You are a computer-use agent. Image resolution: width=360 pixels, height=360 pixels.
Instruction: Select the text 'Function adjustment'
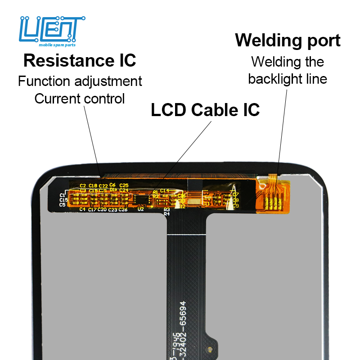click(x=80, y=81)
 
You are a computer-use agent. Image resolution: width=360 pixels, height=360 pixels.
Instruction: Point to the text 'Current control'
click(x=80, y=99)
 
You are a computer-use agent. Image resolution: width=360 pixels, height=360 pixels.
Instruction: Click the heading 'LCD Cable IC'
click(x=205, y=110)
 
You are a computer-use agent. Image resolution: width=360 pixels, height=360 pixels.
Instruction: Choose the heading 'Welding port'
click(x=288, y=40)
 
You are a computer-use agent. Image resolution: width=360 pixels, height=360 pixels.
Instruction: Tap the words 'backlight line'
click(x=288, y=79)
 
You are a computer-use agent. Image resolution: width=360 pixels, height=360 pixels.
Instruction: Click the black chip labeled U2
click(x=142, y=200)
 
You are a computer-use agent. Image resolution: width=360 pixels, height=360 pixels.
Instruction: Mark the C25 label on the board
click(x=124, y=185)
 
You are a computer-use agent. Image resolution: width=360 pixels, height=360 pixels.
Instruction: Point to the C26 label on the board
click(x=123, y=210)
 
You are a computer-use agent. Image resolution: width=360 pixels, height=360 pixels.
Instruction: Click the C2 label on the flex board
click(x=83, y=185)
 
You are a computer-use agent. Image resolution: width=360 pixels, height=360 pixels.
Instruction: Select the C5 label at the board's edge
click(x=63, y=205)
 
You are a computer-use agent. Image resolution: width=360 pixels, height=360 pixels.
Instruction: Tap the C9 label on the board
click(x=235, y=205)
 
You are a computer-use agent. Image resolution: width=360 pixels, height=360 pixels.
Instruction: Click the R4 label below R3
click(x=166, y=214)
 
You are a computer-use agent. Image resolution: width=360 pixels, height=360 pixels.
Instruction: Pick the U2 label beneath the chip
click(x=140, y=209)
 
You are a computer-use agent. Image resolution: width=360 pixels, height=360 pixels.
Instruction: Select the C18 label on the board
click(x=93, y=185)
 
